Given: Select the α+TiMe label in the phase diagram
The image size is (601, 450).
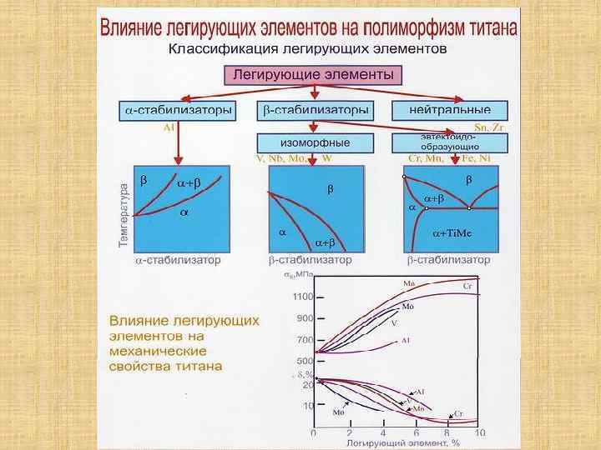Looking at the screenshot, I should (x=452, y=233).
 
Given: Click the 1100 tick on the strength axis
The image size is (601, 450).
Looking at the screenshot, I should (x=302, y=297).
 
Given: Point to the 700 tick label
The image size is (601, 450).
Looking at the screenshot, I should (x=304, y=340).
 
